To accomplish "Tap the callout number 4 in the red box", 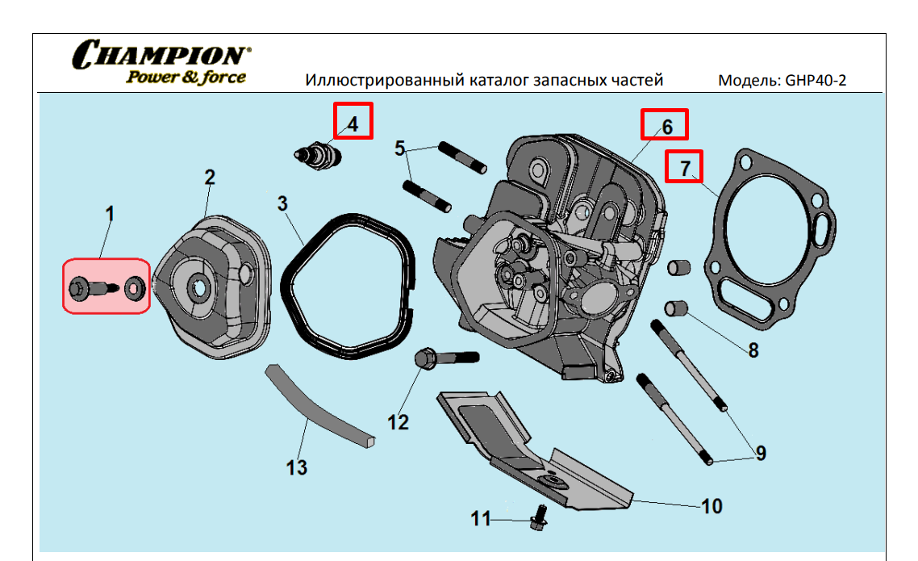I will (x=353, y=124).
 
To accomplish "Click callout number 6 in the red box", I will (x=666, y=127).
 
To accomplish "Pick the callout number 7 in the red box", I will (x=685, y=168).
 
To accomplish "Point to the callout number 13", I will (x=297, y=467).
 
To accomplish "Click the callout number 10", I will (x=711, y=506).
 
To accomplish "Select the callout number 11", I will (x=481, y=519).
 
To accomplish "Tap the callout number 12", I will (x=398, y=422).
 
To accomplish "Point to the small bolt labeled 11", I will (x=539, y=517).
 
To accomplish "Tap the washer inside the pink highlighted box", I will (x=134, y=287).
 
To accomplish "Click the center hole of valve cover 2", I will (x=198, y=288).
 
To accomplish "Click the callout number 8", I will (x=753, y=350).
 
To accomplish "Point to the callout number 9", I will (x=760, y=453).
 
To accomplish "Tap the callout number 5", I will (x=401, y=149).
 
